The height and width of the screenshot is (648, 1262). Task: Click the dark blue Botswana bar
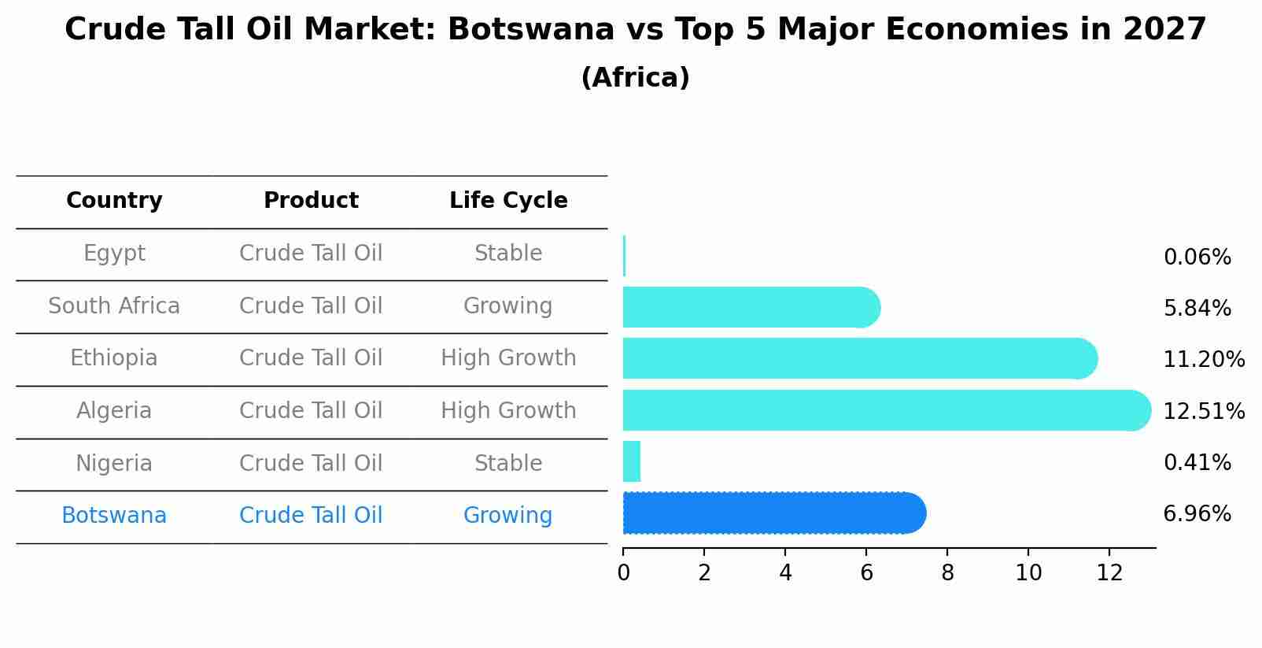pos(771,513)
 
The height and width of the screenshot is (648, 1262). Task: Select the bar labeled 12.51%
pos(881,410)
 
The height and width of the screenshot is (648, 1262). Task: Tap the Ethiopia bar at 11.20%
pos(858,358)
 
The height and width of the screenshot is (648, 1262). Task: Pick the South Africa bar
pos(747,307)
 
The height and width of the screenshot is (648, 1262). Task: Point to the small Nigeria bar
pos(632,461)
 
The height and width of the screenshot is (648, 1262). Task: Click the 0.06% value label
pos(1197,257)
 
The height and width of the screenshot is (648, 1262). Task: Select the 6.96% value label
pos(1197,514)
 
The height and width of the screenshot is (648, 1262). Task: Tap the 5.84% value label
pos(1197,309)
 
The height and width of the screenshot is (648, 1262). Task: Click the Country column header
pos(114,201)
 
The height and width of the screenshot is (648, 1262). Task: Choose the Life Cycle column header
pos(508,201)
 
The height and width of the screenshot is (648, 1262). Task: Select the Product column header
pos(311,201)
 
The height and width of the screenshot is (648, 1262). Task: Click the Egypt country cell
pos(114,254)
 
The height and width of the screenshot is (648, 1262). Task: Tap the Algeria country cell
pos(114,411)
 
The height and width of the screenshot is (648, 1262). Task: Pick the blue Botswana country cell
pos(114,516)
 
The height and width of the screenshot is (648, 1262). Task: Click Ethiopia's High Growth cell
pos(508,358)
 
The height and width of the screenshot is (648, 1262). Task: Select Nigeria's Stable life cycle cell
pos(508,463)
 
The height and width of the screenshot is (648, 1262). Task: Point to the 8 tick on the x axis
pos(947,572)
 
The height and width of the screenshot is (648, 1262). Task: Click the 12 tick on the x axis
pos(1109,572)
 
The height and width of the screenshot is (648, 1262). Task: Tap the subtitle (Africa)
pos(635,78)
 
